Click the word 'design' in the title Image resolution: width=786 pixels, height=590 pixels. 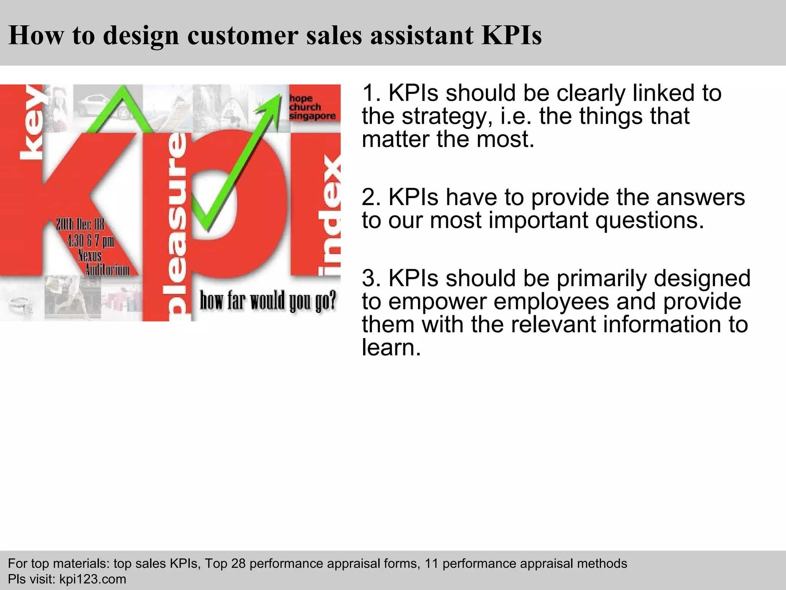(141, 36)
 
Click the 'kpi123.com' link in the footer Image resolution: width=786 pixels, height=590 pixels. (92, 579)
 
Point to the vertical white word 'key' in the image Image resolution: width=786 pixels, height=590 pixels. (31, 123)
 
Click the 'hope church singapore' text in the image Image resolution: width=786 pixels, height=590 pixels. (312, 107)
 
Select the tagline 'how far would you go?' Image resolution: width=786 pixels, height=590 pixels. (268, 301)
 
